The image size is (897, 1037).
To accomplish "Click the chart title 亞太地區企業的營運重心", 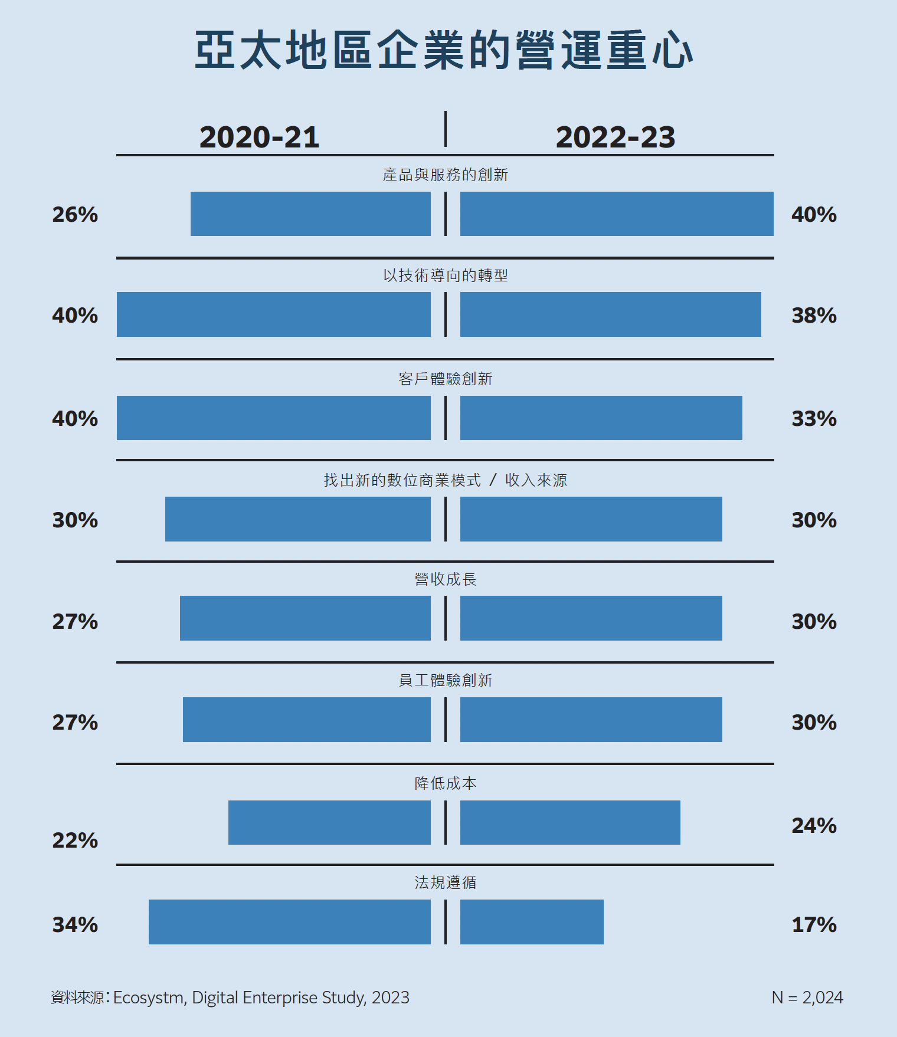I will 444,51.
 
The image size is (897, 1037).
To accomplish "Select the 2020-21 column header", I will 259,137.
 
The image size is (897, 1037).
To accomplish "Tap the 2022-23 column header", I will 615,137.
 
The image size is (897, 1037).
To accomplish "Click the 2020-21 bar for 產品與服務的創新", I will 310,214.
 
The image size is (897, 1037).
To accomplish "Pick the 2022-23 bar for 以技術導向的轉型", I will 610,314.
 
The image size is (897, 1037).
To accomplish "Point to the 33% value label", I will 814,419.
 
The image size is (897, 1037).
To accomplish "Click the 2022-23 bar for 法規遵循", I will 532,921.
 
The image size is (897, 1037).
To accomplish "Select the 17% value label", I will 814,925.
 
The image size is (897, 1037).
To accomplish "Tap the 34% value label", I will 75,925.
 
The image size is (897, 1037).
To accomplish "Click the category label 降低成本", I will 445,783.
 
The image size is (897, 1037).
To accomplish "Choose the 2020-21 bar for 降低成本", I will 329,822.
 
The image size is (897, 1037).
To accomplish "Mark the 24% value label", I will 814,826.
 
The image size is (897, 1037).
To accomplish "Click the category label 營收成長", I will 445,579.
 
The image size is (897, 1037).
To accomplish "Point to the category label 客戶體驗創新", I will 445,379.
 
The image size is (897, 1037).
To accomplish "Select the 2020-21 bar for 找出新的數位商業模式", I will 297,519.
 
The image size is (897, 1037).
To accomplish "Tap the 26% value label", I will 75,215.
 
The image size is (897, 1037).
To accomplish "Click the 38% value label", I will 814,316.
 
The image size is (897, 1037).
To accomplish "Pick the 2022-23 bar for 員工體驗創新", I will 591,720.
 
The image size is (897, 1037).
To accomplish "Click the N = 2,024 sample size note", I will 807,997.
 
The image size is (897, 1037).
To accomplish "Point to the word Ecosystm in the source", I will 148,997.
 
